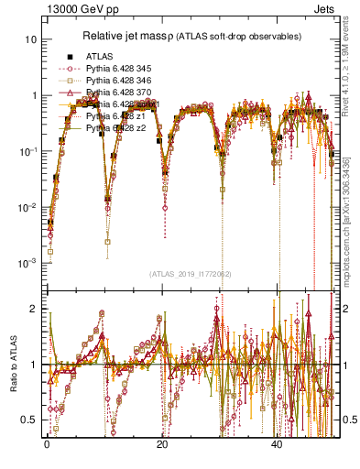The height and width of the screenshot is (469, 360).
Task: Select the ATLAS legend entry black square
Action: click(66, 57)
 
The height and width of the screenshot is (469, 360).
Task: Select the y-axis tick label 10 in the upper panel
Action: click(31, 40)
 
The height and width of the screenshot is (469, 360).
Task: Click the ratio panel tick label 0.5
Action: click(30, 420)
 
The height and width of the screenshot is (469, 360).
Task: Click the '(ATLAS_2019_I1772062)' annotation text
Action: click(190, 273)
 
